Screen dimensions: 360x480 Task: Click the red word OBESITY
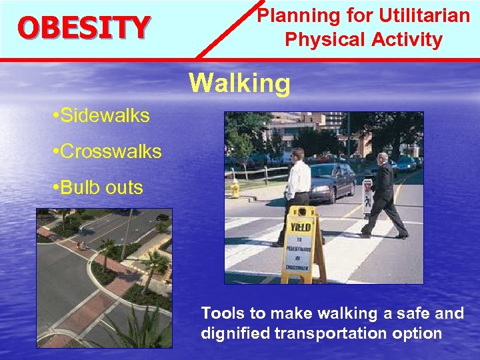coord(83,27)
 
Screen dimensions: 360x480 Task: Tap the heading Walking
coord(239,84)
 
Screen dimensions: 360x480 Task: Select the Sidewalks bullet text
coord(103,116)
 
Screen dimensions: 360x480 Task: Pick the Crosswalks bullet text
coord(109,151)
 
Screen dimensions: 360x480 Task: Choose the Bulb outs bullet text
coord(100,187)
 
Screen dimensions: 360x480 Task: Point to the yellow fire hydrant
coord(235,189)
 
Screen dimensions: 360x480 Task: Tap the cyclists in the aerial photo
coord(81,245)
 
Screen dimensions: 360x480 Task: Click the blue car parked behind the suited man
coord(406,164)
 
